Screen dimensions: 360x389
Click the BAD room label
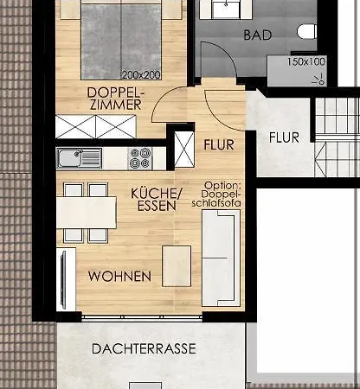pyautogui.click(x=258, y=35)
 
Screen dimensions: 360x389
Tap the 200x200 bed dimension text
pyautogui.click(x=141, y=75)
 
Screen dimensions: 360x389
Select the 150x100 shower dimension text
pyautogui.click(x=306, y=61)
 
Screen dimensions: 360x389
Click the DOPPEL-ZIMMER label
pyautogui.click(x=116, y=99)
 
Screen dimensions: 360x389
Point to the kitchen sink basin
pyautogui.click(x=69, y=157)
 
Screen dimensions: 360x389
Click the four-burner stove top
pyautogui.click(x=140, y=158)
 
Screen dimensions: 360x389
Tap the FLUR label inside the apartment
pyautogui.click(x=219, y=144)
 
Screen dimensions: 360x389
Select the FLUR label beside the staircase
pyautogui.click(x=284, y=137)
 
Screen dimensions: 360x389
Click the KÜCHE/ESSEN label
pyautogui.click(x=157, y=200)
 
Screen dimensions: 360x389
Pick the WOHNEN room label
pyautogui.click(x=119, y=277)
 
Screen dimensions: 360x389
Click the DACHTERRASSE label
pyautogui.click(x=144, y=348)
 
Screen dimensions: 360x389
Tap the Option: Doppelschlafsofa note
pyautogui.click(x=216, y=194)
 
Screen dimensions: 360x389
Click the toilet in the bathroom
pyautogui.click(x=306, y=32)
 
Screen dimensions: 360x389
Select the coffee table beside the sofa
pyautogui.click(x=177, y=266)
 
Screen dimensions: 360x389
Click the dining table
pyautogui.click(x=87, y=213)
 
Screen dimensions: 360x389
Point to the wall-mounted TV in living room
pyautogui.click(x=63, y=280)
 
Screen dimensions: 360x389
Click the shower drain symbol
pyautogui.click(x=320, y=80)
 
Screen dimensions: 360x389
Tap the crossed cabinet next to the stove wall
pyautogui.click(x=184, y=150)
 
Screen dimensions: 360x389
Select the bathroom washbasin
pyautogui.click(x=226, y=9)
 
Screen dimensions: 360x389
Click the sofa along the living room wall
pyautogui.click(x=222, y=258)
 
